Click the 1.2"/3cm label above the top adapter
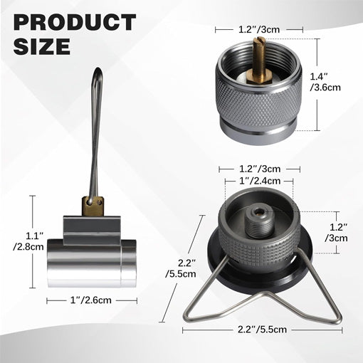259,31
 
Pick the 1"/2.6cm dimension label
92,300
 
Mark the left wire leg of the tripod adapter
206,300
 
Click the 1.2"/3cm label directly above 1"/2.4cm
258,169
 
